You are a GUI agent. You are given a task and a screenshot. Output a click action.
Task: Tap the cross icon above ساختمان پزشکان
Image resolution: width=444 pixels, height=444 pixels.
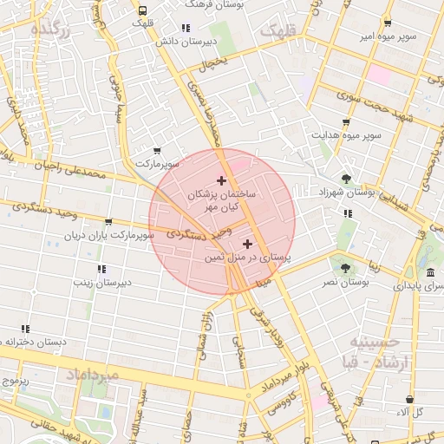[221, 181]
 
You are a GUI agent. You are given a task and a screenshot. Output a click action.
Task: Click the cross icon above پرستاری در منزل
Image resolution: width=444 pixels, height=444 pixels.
[249, 244]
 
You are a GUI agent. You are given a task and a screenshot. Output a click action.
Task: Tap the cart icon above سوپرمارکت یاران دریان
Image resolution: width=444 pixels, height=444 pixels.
[108, 222]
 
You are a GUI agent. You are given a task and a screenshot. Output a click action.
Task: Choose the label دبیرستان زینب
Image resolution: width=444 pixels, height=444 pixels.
[101, 283]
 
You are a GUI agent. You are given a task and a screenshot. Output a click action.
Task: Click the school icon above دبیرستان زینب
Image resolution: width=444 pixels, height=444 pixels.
[101, 269]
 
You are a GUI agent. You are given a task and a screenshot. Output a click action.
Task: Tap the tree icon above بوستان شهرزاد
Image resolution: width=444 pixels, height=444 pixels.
[347, 179]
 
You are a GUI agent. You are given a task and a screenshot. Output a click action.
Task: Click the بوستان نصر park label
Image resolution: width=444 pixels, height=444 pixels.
[347, 283]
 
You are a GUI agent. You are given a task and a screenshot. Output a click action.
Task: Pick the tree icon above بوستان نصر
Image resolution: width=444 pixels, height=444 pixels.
[346, 269]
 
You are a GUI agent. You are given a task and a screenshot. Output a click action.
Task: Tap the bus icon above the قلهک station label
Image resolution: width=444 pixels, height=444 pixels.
[142, 10]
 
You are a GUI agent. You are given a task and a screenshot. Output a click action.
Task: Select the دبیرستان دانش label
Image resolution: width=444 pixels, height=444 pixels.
[185, 41]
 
